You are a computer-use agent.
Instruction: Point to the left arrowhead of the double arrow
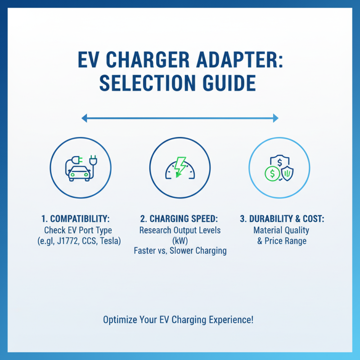(x=84, y=118)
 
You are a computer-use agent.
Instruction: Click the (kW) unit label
(x=180, y=240)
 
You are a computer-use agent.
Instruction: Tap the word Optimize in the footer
(x=121, y=320)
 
